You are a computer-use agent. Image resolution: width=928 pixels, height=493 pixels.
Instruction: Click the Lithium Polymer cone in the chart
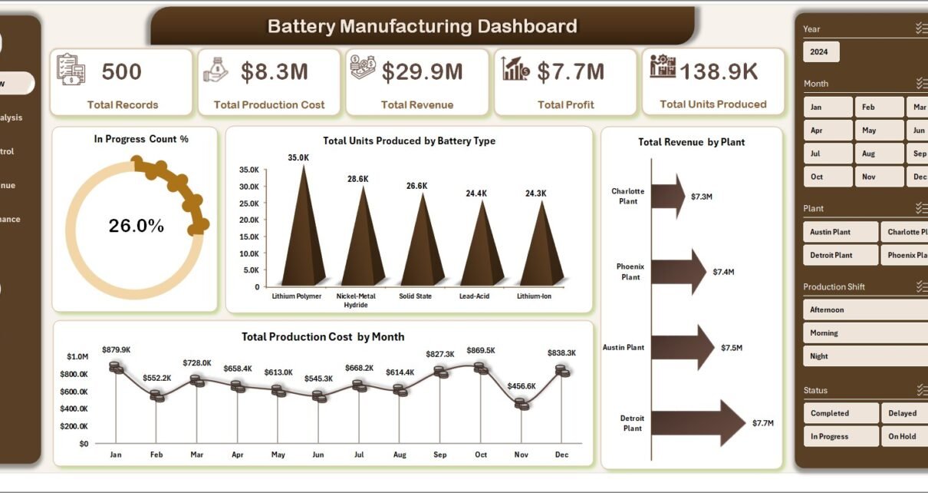coord(303,238)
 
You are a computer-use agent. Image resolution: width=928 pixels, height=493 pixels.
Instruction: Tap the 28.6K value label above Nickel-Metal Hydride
coord(357,179)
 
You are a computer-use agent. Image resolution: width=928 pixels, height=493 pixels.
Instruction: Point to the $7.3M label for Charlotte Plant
coord(702,197)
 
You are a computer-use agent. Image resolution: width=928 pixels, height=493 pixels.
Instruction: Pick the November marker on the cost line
coord(522,402)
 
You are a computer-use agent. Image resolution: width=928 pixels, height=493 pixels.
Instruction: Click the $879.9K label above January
coord(115,350)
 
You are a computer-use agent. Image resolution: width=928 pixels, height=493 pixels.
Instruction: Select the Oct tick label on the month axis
coord(481,455)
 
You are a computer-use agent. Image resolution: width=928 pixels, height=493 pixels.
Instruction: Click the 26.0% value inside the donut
coord(136,226)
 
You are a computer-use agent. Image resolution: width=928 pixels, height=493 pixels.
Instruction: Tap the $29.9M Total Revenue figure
coord(422,72)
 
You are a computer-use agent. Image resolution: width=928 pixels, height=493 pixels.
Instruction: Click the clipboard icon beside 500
coord(71,69)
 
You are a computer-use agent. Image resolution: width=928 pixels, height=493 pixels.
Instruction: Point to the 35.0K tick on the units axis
coord(249,170)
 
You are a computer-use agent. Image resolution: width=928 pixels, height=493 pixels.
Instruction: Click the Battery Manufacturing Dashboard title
coord(422,27)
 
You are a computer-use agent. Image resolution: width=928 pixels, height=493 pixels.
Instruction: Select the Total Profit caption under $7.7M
coord(565,104)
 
